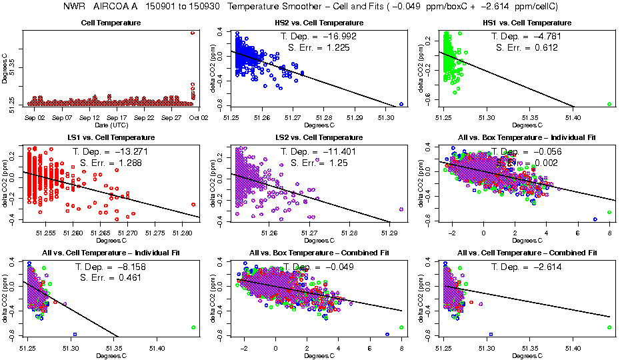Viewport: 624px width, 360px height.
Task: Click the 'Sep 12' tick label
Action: click(x=89, y=117)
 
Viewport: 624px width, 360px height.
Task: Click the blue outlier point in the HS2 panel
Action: click(x=401, y=104)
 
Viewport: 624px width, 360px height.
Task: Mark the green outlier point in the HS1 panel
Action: click(x=609, y=104)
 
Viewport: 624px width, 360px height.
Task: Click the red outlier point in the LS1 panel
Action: click(x=193, y=205)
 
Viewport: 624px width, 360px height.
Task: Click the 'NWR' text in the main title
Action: click(x=73, y=6)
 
